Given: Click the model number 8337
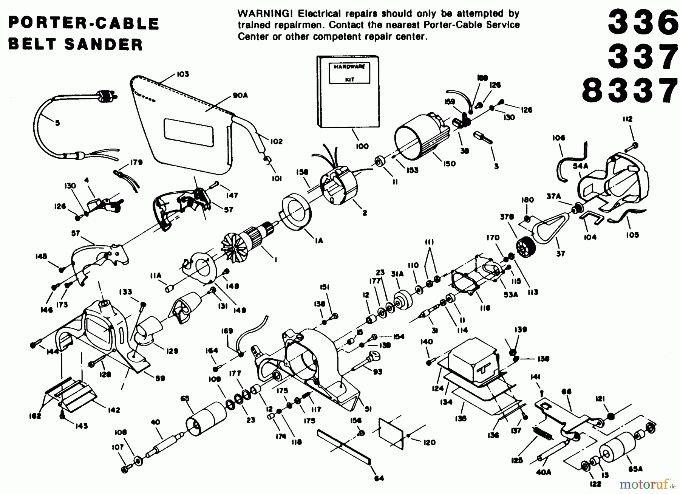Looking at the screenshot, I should [629, 91].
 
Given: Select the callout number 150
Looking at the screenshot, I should [449, 164].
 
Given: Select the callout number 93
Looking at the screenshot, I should [377, 372].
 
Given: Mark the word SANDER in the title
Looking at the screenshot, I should [104, 45].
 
